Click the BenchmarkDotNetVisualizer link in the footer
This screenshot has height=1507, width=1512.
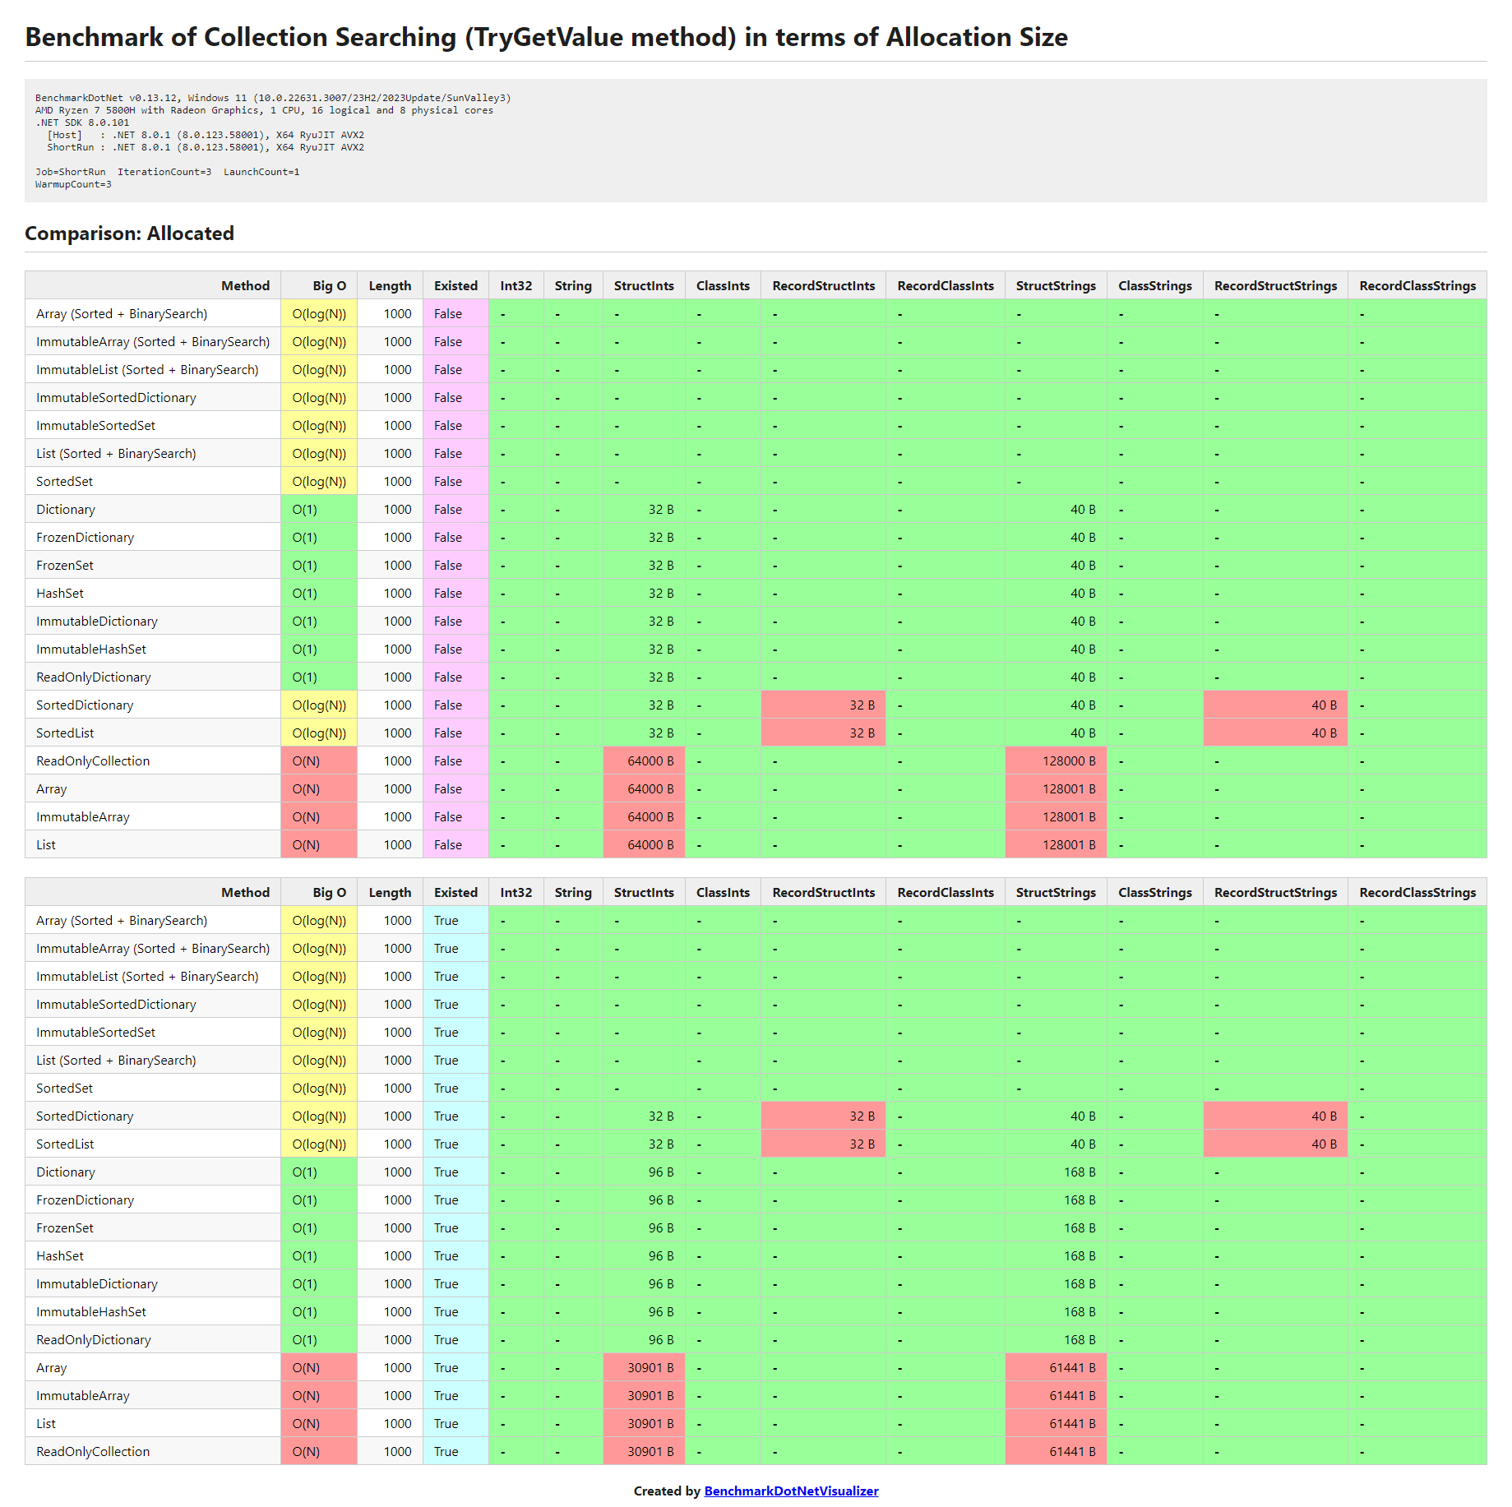(791, 1491)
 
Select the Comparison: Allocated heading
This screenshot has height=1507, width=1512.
(129, 233)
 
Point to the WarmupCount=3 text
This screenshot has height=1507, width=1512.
(73, 184)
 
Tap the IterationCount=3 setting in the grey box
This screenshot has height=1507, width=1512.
(164, 172)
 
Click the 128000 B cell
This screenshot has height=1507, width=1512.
(1068, 760)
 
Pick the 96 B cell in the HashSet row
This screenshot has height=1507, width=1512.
(660, 1255)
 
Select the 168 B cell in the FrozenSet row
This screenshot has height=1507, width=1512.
(1079, 1227)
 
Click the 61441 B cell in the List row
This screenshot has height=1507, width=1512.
(1071, 1423)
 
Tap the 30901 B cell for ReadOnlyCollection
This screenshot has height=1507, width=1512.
(650, 1451)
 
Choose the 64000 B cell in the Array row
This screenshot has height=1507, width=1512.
(650, 788)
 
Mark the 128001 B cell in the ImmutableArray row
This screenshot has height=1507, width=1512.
(1068, 816)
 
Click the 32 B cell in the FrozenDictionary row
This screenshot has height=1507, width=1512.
(660, 537)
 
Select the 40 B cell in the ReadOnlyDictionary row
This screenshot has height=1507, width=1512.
(1082, 677)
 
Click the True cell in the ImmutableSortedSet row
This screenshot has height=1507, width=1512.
(446, 1032)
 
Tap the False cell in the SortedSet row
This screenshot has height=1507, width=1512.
(448, 481)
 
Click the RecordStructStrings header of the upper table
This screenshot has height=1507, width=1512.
(1275, 285)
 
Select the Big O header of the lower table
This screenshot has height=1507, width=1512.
(329, 892)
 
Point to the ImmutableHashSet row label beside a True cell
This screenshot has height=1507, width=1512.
(91, 1311)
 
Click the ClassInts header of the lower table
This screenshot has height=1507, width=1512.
(723, 892)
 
